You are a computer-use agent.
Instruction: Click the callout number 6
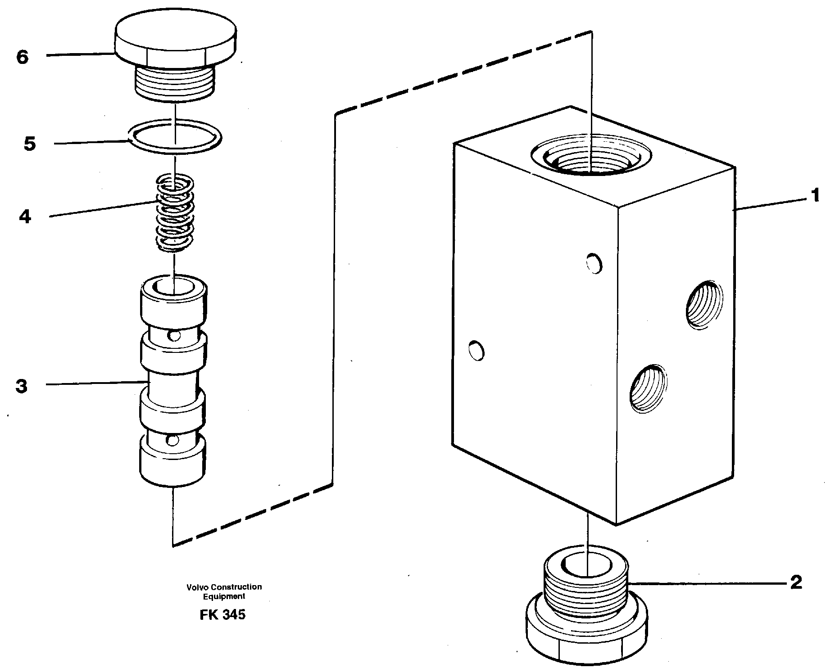[22, 57]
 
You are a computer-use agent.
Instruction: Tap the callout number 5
[30, 144]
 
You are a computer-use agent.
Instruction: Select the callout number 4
[25, 217]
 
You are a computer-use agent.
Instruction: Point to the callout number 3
[22, 386]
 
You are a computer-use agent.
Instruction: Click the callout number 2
[796, 582]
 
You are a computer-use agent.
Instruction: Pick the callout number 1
[814, 196]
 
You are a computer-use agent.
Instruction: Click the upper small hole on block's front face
[594, 263]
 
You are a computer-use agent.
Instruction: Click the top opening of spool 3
[174, 287]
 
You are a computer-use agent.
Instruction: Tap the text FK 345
[222, 614]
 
